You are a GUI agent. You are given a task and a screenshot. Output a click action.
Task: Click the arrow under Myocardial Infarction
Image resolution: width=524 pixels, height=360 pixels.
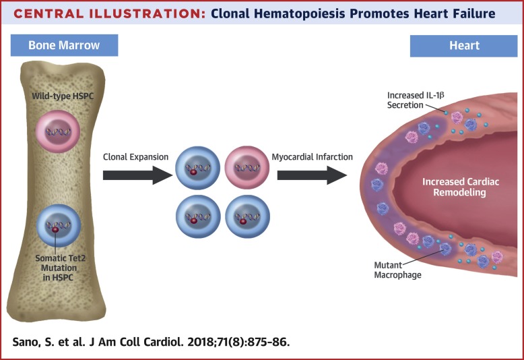pyautogui.click(x=311, y=176)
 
